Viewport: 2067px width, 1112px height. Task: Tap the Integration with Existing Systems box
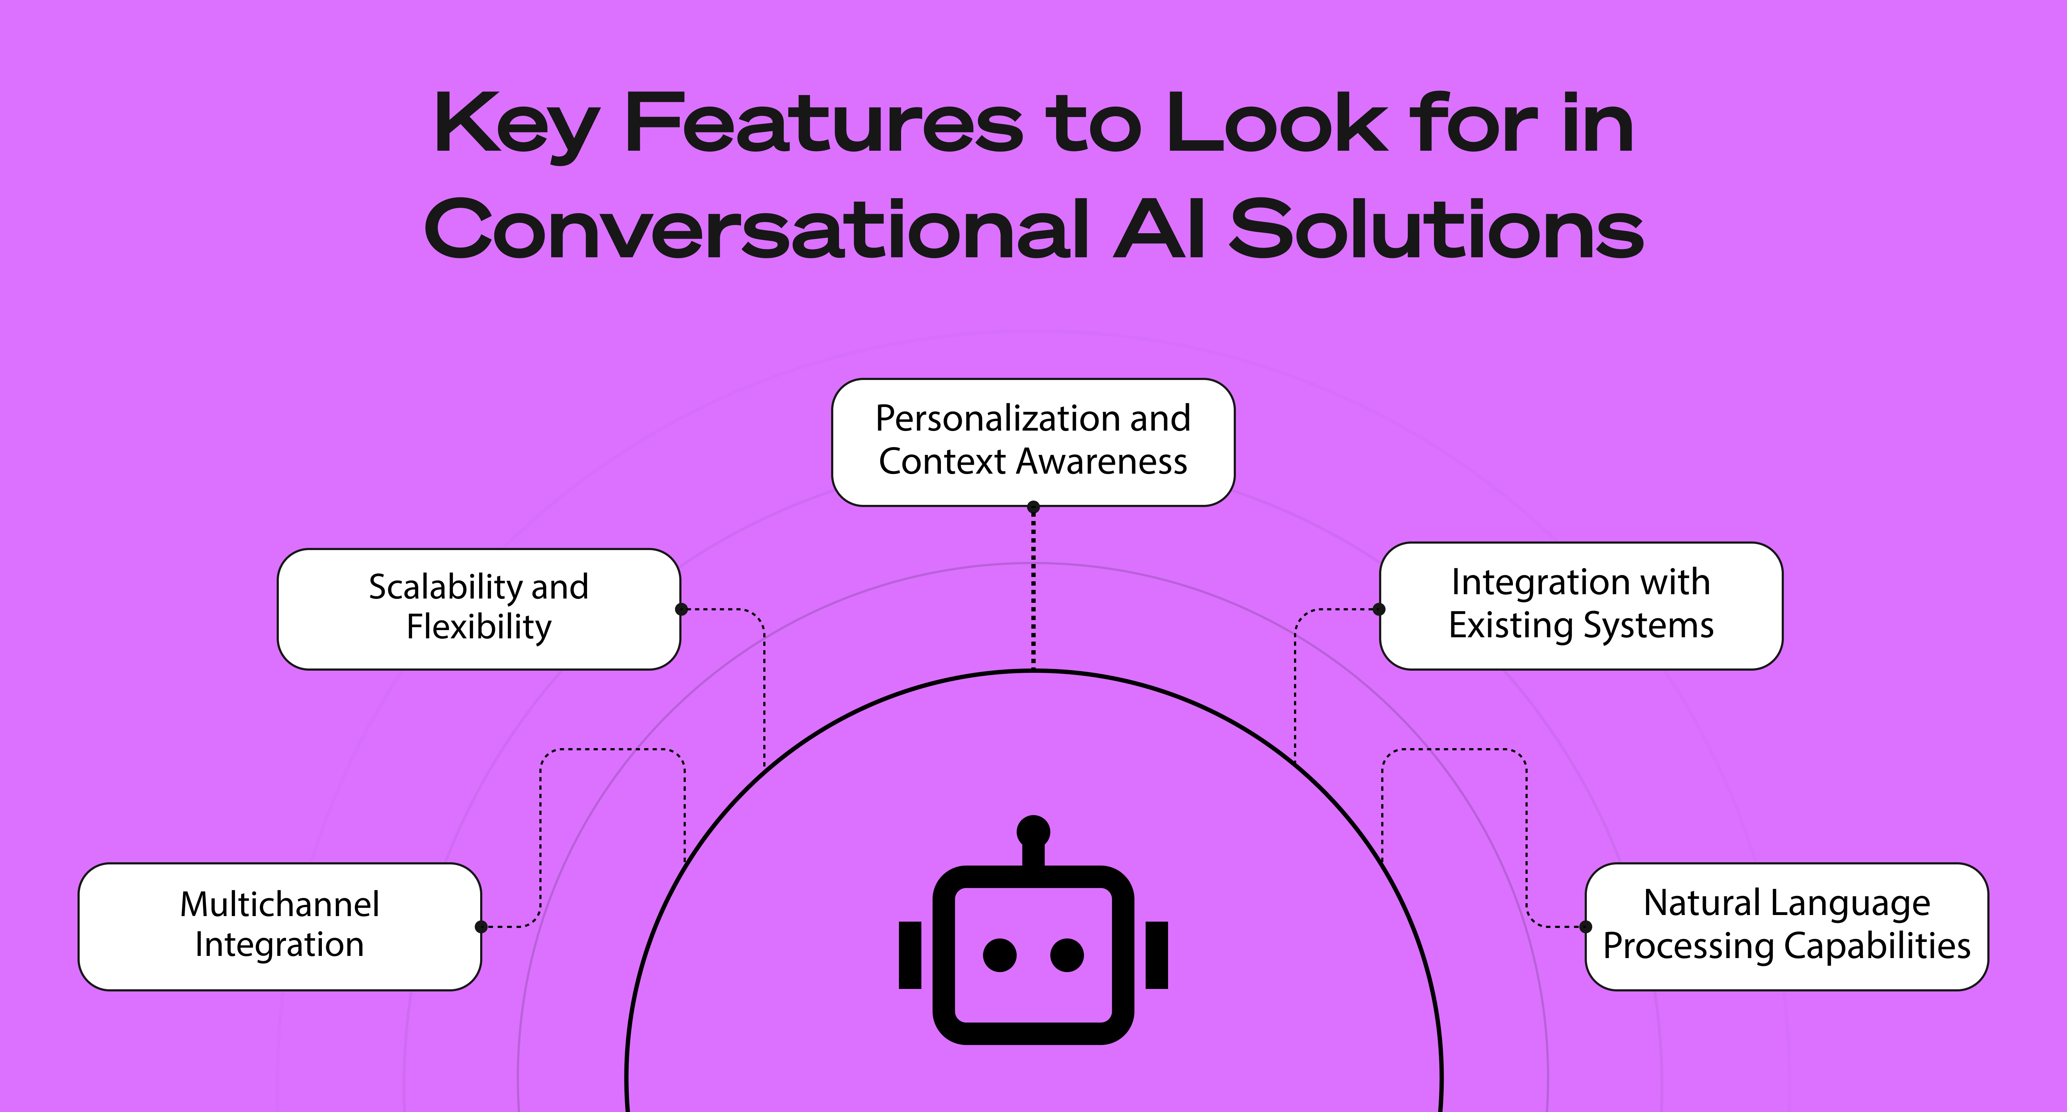coord(1581,606)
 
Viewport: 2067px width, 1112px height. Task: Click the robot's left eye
coord(1000,955)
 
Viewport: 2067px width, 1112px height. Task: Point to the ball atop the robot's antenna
coord(1033,831)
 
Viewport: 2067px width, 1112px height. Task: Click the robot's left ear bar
coord(910,955)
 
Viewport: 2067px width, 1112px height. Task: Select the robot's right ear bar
coord(1156,955)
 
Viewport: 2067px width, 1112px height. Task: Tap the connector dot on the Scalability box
coord(681,609)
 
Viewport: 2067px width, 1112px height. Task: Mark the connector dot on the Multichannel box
coord(482,926)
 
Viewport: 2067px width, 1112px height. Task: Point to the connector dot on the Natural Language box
coord(1585,926)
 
